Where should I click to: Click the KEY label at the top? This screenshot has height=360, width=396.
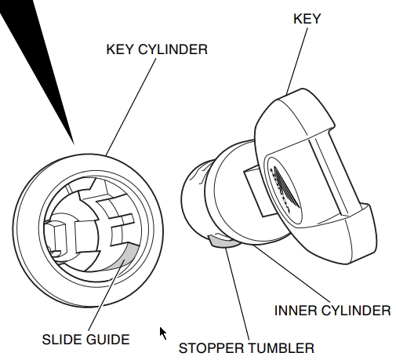click(x=307, y=19)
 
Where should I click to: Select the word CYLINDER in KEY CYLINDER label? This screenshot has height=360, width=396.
click(x=173, y=49)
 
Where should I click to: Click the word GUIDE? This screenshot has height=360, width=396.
click(x=107, y=340)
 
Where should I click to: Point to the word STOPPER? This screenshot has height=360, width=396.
click(x=211, y=348)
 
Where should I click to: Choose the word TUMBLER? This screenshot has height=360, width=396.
click(x=281, y=348)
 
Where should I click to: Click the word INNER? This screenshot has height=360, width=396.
click(x=296, y=311)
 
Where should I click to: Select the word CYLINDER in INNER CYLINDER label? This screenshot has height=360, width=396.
click(x=356, y=311)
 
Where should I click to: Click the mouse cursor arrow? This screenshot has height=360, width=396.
click(x=163, y=333)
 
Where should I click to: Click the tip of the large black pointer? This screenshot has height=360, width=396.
click(x=74, y=144)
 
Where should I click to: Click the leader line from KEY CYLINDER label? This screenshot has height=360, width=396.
click(x=131, y=107)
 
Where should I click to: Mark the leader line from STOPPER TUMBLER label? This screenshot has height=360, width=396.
click(x=237, y=294)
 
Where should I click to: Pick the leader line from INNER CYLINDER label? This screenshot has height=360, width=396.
click(x=292, y=274)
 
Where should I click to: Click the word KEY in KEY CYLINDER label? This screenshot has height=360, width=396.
click(x=120, y=49)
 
